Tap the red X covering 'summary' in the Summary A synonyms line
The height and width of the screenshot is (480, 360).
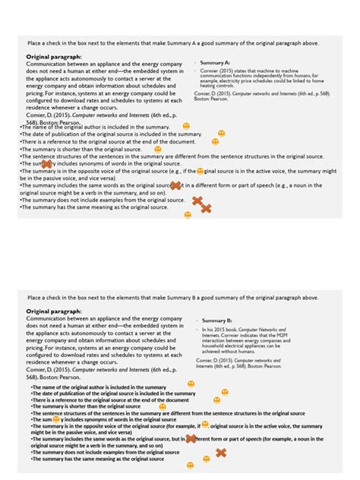[46, 163]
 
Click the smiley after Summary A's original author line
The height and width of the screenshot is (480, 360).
[186, 125]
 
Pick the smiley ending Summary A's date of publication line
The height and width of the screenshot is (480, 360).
[221, 134]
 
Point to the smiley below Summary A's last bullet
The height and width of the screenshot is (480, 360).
[188, 215]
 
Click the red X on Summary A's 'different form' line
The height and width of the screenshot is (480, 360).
[175, 185]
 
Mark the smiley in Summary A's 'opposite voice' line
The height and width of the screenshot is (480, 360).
[201, 172]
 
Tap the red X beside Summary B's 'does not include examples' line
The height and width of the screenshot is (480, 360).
[221, 453]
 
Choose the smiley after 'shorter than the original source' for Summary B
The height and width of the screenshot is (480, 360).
[172, 406]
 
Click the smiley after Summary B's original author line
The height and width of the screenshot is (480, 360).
[191, 384]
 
